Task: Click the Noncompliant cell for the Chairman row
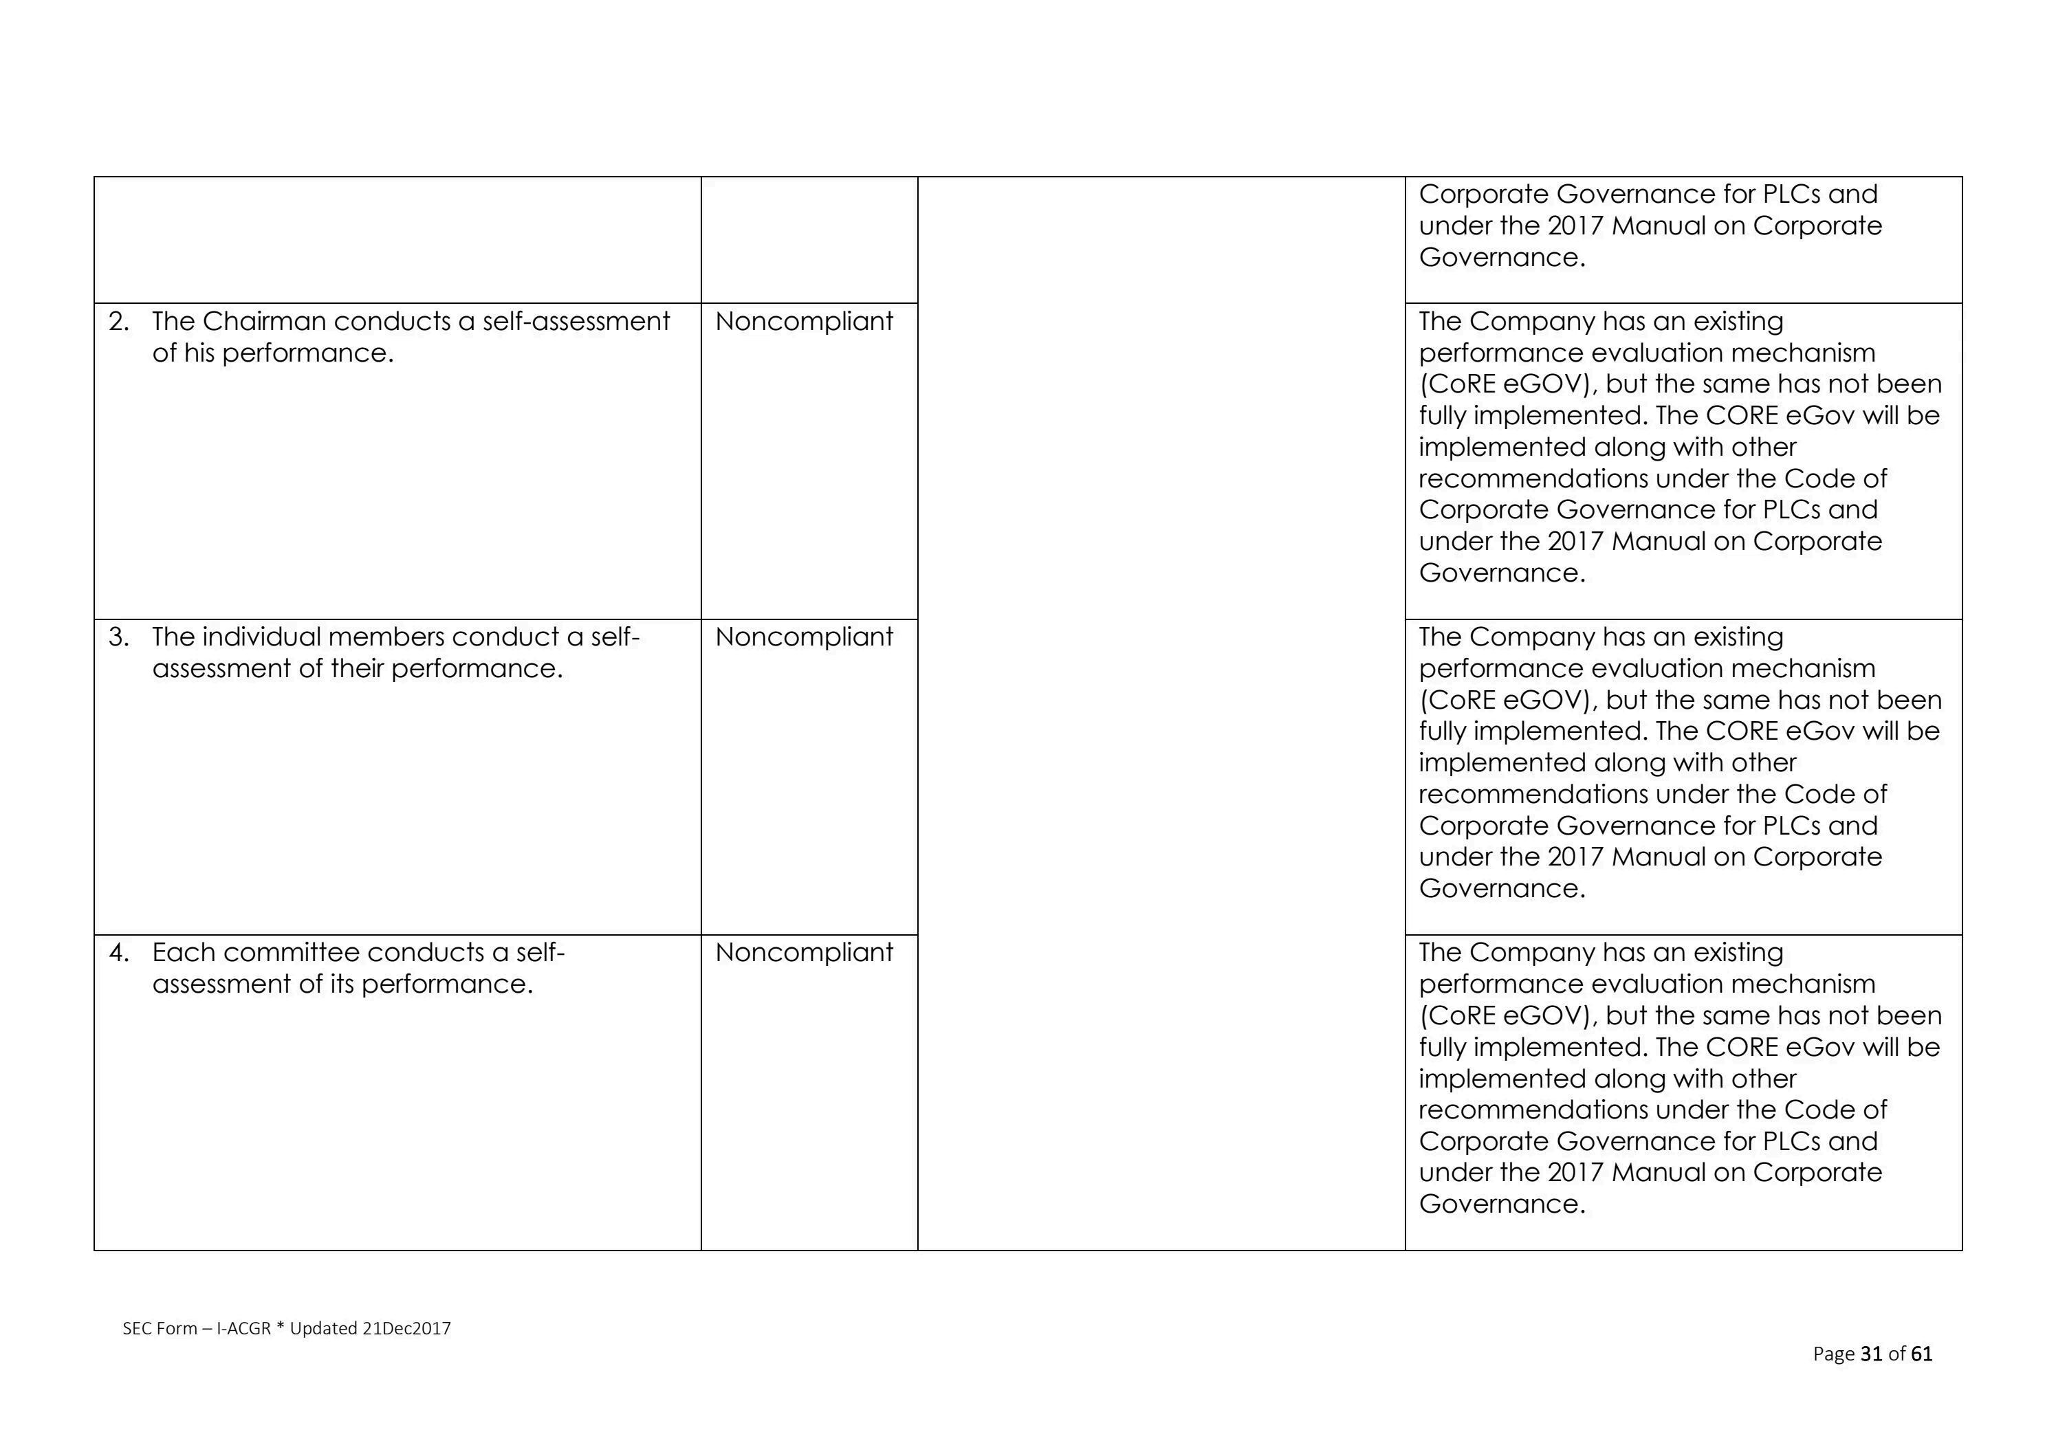pos(803,322)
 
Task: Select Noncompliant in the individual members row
pos(803,637)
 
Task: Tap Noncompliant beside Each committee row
pos(803,953)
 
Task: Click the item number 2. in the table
pos(119,322)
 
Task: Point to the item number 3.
pos(119,637)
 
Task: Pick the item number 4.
pos(119,953)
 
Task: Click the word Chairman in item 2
pos(264,322)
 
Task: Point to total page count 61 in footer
pos(1922,1354)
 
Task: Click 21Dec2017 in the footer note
pos(406,1329)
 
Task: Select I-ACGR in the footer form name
pos(243,1329)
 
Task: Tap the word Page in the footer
pos(1833,1354)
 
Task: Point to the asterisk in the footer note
pos(281,1327)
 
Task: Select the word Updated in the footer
pos(323,1329)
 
